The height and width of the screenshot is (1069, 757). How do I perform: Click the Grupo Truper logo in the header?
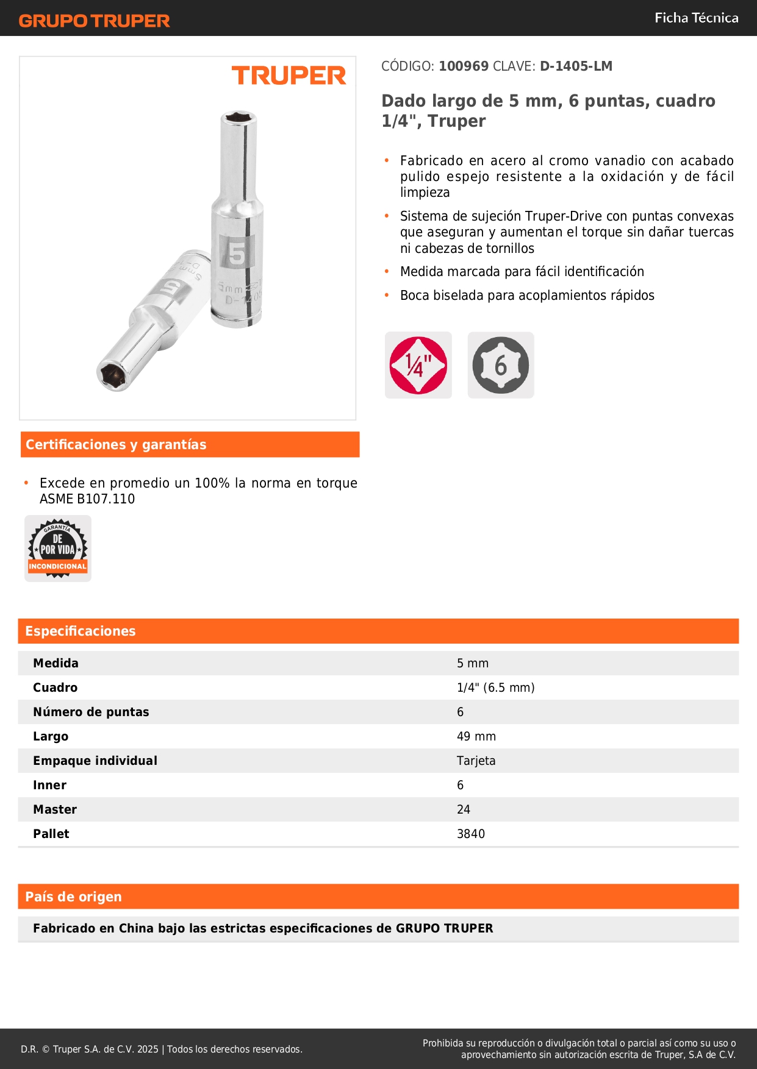[94, 21]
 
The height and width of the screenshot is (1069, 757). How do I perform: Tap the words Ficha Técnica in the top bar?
[696, 18]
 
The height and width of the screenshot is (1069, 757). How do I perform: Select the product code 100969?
[464, 66]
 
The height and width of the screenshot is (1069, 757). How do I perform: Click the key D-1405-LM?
[576, 66]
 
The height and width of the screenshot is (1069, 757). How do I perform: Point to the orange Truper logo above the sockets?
[289, 76]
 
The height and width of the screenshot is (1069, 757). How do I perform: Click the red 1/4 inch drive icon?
[418, 366]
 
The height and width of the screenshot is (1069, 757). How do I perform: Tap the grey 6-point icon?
[501, 366]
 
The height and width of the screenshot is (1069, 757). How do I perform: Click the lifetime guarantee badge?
[58, 549]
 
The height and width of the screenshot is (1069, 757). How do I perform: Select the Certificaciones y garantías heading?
[116, 444]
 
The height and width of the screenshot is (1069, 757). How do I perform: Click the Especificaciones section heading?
[81, 631]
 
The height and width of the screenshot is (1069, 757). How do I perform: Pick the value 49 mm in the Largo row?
[476, 736]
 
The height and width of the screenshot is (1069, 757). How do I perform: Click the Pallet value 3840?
[471, 834]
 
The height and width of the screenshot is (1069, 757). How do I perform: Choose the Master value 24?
[464, 809]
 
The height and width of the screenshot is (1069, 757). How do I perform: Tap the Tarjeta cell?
[476, 761]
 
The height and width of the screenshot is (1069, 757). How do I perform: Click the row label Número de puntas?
[91, 712]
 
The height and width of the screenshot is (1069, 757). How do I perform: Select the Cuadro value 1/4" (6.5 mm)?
[496, 687]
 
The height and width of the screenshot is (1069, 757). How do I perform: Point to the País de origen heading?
[73, 897]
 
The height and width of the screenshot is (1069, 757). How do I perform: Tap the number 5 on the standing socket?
[236, 253]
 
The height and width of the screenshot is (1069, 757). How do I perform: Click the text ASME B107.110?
[87, 499]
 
